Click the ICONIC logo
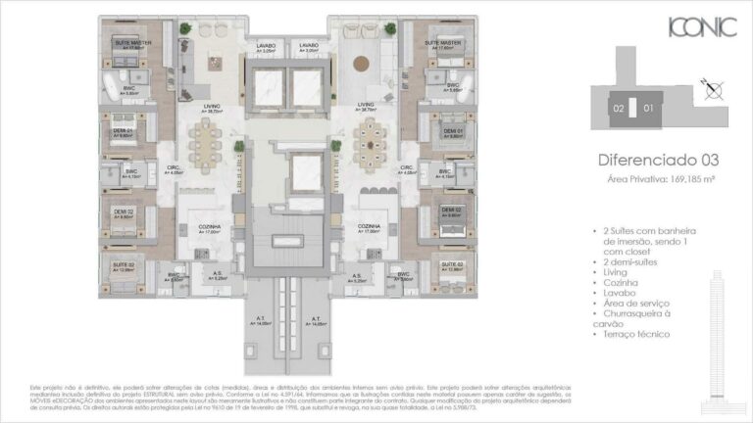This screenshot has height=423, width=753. pyautogui.click(x=701, y=27)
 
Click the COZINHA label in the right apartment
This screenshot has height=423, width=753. pyautogui.click(x=370, y=226)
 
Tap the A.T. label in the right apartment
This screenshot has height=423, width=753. pyautogui.click(x=316, y=319)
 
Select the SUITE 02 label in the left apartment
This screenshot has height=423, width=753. pyautogui.click(x=123, y=264)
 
